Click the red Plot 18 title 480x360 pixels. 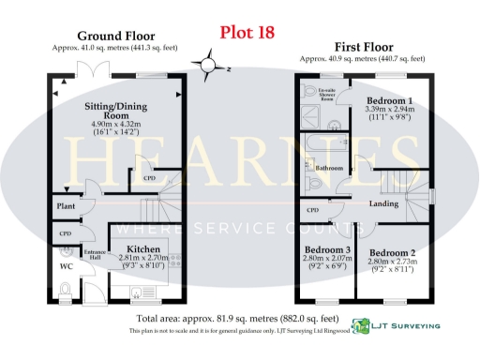coord(247,33)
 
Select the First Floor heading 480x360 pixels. coord(362,46)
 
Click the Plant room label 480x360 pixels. coord(66,203)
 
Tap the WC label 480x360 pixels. coord(67,267)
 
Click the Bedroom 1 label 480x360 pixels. coord(388,100)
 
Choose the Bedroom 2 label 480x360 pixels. coord(392,253)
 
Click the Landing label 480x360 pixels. coord(384,203)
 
